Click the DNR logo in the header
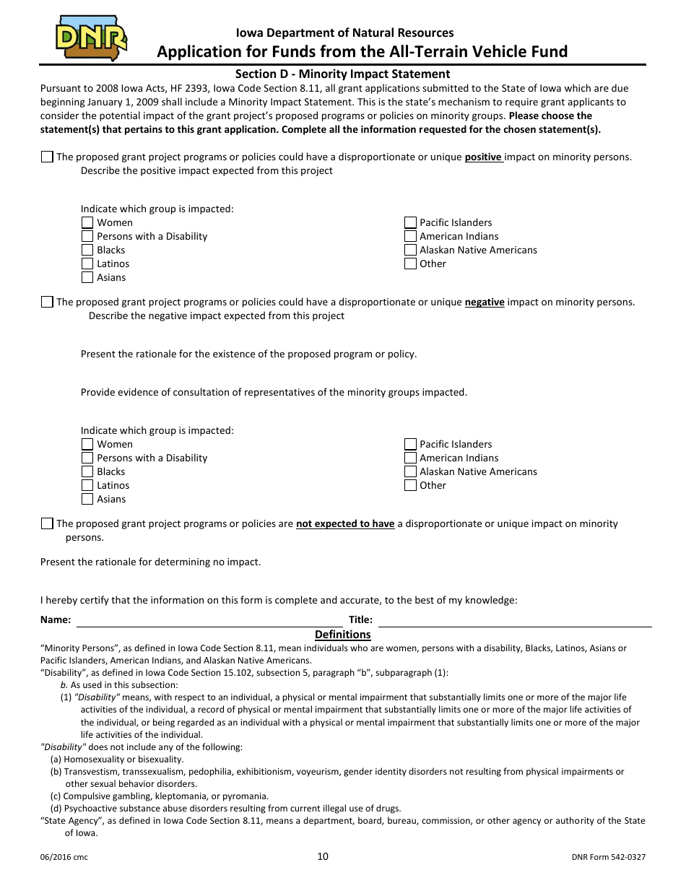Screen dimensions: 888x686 tap(91, 39)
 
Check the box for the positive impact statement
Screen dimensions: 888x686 tap(47, 157)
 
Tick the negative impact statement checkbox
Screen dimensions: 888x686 tap(47, 302)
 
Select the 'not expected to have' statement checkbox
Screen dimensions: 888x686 tap(47, 523)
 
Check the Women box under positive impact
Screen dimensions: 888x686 tap(87, 222)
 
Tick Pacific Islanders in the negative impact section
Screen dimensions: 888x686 tap(410, 444)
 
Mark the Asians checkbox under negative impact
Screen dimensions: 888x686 tap(87, 499)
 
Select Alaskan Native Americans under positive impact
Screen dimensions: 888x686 tap(410, 250)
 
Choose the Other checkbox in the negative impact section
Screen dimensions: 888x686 tap(410, 485)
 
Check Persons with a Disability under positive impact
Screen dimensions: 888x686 tap(87, 236)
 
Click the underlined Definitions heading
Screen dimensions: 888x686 tap(342, 634)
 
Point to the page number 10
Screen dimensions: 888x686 tap(323, 856)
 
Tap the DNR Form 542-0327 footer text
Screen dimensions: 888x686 tap(608, 857)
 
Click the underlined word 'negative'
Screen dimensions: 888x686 tap(484, 302)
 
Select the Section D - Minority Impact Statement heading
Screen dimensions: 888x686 tap(342, 74)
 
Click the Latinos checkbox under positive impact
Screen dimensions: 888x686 tap(87, 264)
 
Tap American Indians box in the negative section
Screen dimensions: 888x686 tap(410, 458)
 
